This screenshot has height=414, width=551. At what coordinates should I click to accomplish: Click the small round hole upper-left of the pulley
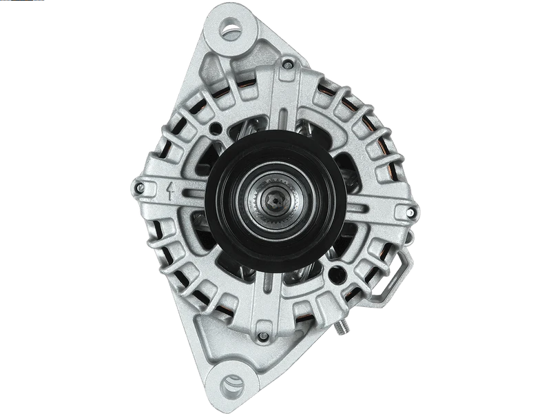tap(218, 127)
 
